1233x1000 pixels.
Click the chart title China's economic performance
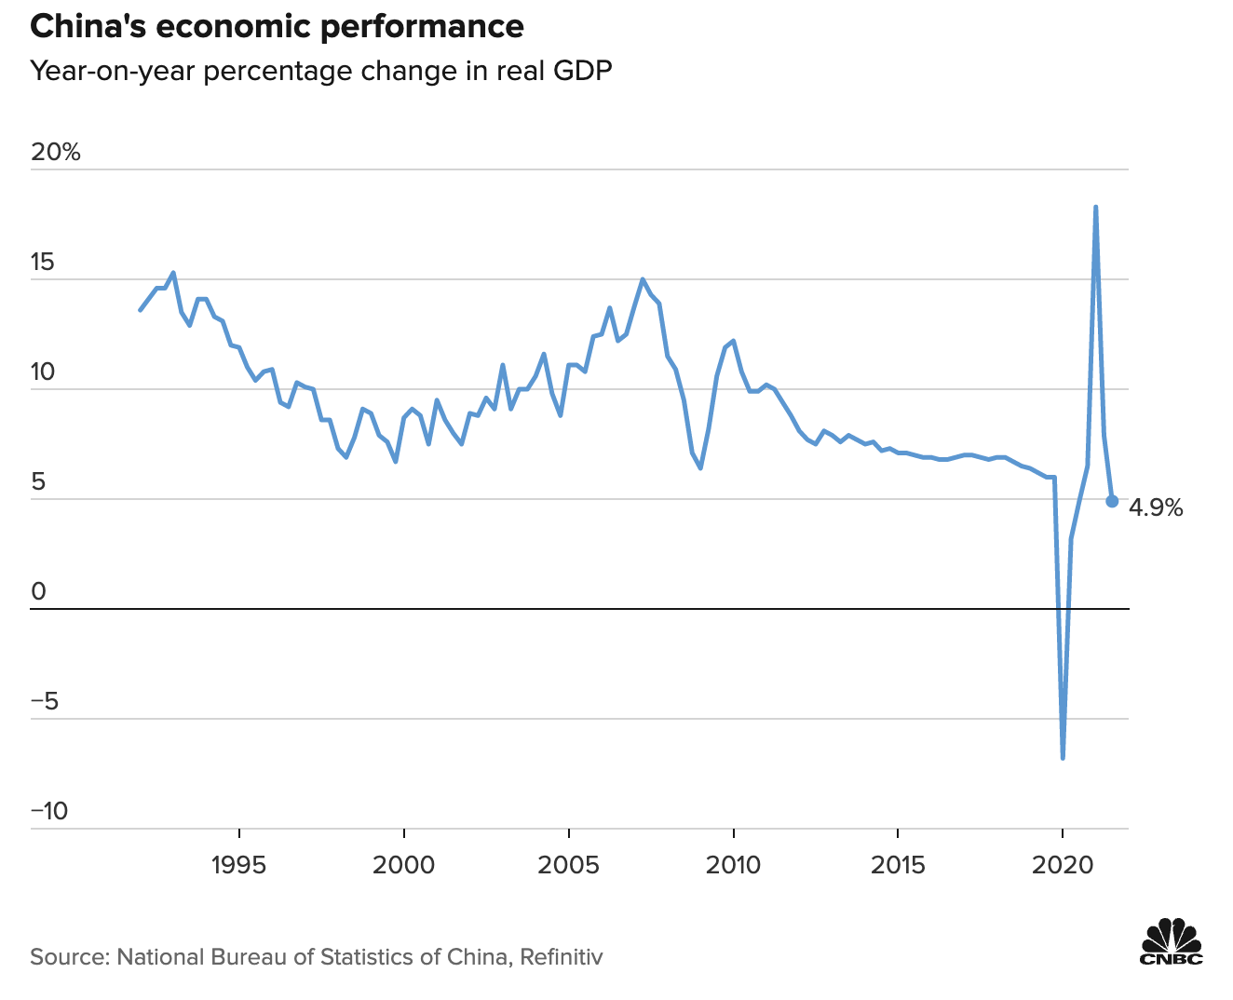click(x=277, y=27)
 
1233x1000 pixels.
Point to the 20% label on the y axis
click(x=56, y=153)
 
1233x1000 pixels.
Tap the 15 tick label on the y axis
click(x=43, y=263)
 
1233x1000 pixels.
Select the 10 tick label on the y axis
click(x=43, y=372)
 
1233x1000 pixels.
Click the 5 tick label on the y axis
click(x=37, y=482)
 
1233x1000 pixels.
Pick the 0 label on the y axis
click(x=38, y=592)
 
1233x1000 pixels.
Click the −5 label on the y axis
click(x=45, y=702)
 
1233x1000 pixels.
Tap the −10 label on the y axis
click(x=49, y=812)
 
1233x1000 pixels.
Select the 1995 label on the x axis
click(x=239, y=866)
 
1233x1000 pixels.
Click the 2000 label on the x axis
click(x=403, y=866)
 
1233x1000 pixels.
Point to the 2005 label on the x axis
click(x=568, y=866)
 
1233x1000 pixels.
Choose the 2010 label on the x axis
click(x=733, y=866)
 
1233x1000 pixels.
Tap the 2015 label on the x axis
click(x=898, y=866)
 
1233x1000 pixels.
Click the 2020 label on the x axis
click(x=1063, y=866)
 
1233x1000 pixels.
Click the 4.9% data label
click(x=1156, y=508)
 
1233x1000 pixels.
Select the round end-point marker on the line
click(x=1112, y=501)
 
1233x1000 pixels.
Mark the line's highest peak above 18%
click(x=1095, y=208)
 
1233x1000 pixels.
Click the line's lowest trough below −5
click(x=1063, y=757)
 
